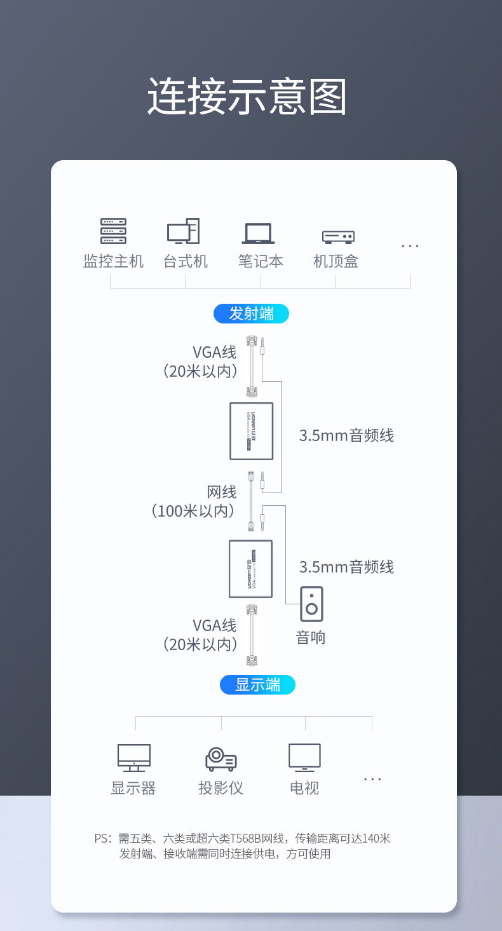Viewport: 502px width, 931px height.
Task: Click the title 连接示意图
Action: pos(247,97)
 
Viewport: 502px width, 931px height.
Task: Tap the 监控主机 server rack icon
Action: pos(113,231)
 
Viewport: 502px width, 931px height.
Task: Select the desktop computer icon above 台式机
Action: pos(184,232)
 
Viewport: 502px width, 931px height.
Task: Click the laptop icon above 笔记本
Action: pos(258,233)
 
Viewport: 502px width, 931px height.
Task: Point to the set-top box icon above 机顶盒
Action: pos(338,236)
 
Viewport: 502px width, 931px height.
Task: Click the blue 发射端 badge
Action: pos(251,313)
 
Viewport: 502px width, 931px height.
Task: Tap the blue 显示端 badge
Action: pos(257,684)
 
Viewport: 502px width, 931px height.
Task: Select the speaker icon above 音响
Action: pos(311,604)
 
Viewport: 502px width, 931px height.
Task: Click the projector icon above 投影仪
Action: pos(220,759)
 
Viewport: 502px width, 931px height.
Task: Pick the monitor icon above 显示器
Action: pos(133,758)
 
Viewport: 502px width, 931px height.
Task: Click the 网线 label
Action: pos(222,492)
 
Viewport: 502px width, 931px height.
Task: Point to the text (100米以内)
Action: pos(193,510)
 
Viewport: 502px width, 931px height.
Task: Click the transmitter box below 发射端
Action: pos(251,431)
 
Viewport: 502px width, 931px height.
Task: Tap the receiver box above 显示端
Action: pos(250,569)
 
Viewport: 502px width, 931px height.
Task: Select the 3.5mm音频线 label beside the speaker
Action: pos(346,567)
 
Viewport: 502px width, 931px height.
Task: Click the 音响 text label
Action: pos(311,637)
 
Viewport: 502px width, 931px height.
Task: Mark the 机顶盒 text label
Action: pos(336,261)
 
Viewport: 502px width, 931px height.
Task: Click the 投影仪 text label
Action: pos(220,788)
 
